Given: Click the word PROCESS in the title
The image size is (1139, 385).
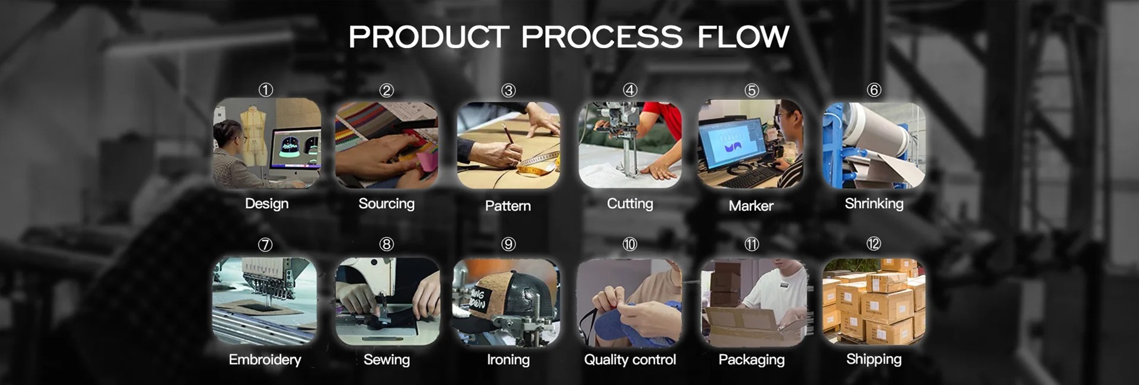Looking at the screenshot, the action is (602, 37).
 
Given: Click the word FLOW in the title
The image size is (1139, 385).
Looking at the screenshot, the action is (743, 37).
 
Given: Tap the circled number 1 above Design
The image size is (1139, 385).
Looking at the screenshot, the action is (266, 90).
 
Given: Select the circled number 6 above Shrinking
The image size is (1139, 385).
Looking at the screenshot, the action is (874, 90).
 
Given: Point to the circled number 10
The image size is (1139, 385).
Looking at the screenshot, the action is (629, 244).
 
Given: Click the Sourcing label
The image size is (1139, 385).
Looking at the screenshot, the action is (386, 203).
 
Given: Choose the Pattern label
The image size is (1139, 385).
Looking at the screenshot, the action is (508, 206).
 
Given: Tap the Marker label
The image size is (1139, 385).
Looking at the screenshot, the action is (751, 206).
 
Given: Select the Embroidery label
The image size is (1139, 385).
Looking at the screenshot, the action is (265, 359).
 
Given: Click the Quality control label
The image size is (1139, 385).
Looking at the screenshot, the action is (630, 359).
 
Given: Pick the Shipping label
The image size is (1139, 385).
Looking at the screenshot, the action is (874, 359).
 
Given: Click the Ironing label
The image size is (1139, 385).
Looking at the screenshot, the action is (508, 359).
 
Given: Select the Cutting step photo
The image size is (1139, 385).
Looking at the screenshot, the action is (630, 144).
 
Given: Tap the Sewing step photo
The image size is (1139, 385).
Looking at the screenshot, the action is (387, 301).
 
